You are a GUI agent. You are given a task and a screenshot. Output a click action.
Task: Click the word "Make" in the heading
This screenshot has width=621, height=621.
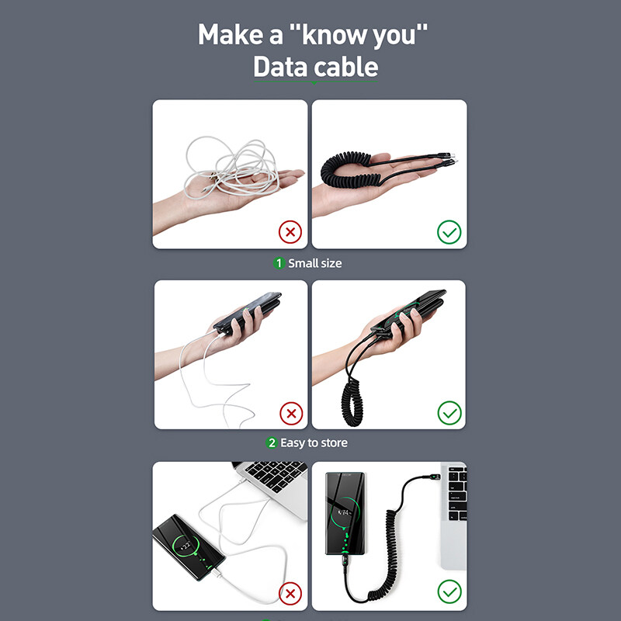coord(231,34)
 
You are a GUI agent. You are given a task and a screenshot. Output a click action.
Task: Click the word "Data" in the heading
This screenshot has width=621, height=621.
coord(281,67)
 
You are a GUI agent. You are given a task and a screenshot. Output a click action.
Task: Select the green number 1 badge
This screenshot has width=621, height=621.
coord(279,263)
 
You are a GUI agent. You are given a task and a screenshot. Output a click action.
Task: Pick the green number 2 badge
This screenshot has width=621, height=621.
coord(271,442)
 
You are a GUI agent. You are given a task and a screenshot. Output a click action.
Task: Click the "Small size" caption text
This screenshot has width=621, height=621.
coord(315,263)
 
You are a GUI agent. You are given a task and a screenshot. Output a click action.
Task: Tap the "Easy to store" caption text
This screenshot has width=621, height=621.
coord(314,442)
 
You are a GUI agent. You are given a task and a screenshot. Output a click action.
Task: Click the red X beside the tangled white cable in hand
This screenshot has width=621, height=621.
coord(290,231)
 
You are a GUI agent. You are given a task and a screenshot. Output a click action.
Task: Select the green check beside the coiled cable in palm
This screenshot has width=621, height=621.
coord(449,231)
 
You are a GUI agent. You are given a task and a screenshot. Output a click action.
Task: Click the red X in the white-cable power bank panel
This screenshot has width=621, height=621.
coord(291,414)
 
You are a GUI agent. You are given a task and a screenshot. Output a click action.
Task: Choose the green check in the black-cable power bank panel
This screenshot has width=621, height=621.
coord(449,413)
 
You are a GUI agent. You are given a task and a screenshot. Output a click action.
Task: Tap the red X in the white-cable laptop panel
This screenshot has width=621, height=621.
coord(290,593)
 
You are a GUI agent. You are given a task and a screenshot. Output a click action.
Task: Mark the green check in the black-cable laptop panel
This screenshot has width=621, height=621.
coord(449,592)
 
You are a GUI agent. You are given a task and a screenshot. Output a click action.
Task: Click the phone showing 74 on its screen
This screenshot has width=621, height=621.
coord(345,513)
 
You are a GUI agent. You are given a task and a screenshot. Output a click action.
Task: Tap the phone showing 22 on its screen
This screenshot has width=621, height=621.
coord(189,547)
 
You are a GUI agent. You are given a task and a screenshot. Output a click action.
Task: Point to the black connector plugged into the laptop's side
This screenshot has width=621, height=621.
coord(432,478)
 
